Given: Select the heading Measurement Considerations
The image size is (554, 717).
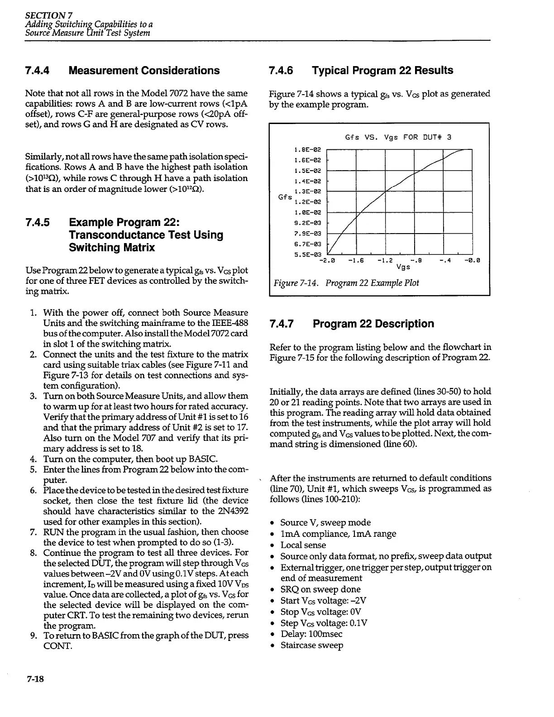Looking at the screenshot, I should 144,71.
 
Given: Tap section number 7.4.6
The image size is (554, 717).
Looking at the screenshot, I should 281,71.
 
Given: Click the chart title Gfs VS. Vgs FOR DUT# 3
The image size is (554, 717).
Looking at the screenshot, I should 398,137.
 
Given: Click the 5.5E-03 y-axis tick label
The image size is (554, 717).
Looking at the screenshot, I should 307,254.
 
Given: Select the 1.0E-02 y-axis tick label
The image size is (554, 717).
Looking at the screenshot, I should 307,212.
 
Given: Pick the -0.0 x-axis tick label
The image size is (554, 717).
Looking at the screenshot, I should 472,261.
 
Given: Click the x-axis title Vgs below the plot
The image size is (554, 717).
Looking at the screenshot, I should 403,267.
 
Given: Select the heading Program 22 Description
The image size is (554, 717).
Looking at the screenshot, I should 373,324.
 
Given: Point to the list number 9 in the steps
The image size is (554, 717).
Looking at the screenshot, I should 33,635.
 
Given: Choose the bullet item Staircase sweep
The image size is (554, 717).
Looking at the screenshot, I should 312,645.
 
